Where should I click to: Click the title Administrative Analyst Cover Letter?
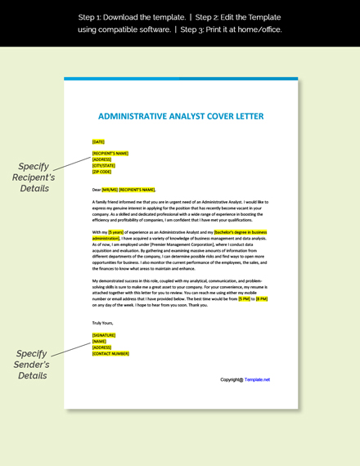181,116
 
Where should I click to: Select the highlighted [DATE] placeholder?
98,142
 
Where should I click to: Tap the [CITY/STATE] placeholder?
104,166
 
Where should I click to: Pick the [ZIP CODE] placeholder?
101,173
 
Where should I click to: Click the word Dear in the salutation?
97,190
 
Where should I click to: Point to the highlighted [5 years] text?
115,232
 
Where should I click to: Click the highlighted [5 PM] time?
244,299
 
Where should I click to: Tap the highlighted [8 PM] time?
262,299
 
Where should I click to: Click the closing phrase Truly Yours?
103,322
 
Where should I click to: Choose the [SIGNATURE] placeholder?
104,335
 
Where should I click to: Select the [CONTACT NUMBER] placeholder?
110,354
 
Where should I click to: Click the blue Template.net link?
257,379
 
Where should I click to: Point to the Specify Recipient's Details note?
34,177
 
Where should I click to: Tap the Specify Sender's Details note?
32,365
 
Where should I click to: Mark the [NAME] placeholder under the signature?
99,342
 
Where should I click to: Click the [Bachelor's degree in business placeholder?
241,232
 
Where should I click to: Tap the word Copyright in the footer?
232,379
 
